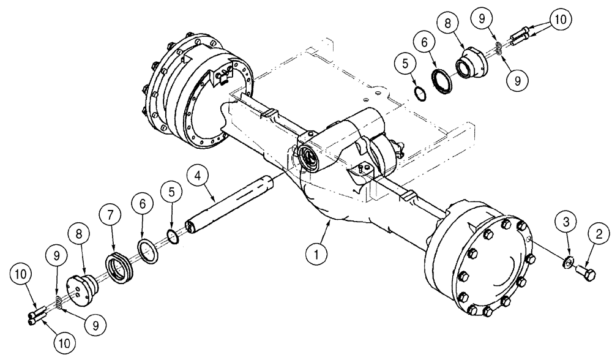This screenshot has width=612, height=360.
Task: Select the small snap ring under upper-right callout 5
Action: [x=419, y=93]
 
